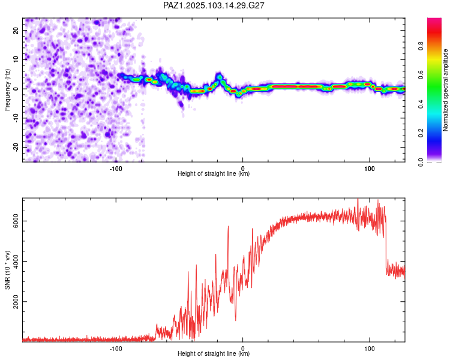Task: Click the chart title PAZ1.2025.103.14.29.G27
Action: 214,5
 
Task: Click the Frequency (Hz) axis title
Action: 7,90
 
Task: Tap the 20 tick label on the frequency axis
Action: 16,31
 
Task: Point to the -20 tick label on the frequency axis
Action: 16,148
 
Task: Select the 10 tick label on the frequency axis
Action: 16,60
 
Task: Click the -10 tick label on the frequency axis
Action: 16,118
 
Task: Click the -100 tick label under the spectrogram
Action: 116,169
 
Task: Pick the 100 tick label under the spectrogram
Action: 370,169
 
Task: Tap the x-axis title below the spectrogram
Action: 214,173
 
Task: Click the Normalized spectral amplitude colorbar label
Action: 445,90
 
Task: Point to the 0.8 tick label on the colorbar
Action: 421,46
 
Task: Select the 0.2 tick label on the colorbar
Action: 421,133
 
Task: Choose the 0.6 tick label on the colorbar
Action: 421,75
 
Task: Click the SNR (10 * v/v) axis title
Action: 7,270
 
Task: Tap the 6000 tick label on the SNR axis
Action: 16,221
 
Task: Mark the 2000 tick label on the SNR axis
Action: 16,302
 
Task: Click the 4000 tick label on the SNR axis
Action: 16,261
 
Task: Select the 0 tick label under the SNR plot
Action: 243,349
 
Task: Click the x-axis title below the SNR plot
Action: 214,353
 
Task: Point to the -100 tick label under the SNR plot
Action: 116,349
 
